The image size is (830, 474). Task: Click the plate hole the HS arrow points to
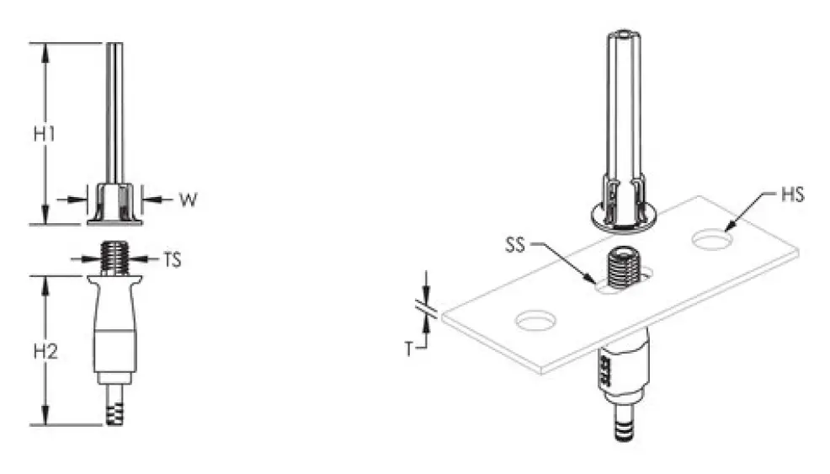click(712, 240)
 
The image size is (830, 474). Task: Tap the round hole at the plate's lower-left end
click(537, 320)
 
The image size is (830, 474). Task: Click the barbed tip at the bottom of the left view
click(114, 413)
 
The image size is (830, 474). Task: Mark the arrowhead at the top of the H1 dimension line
click(45, 48)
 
